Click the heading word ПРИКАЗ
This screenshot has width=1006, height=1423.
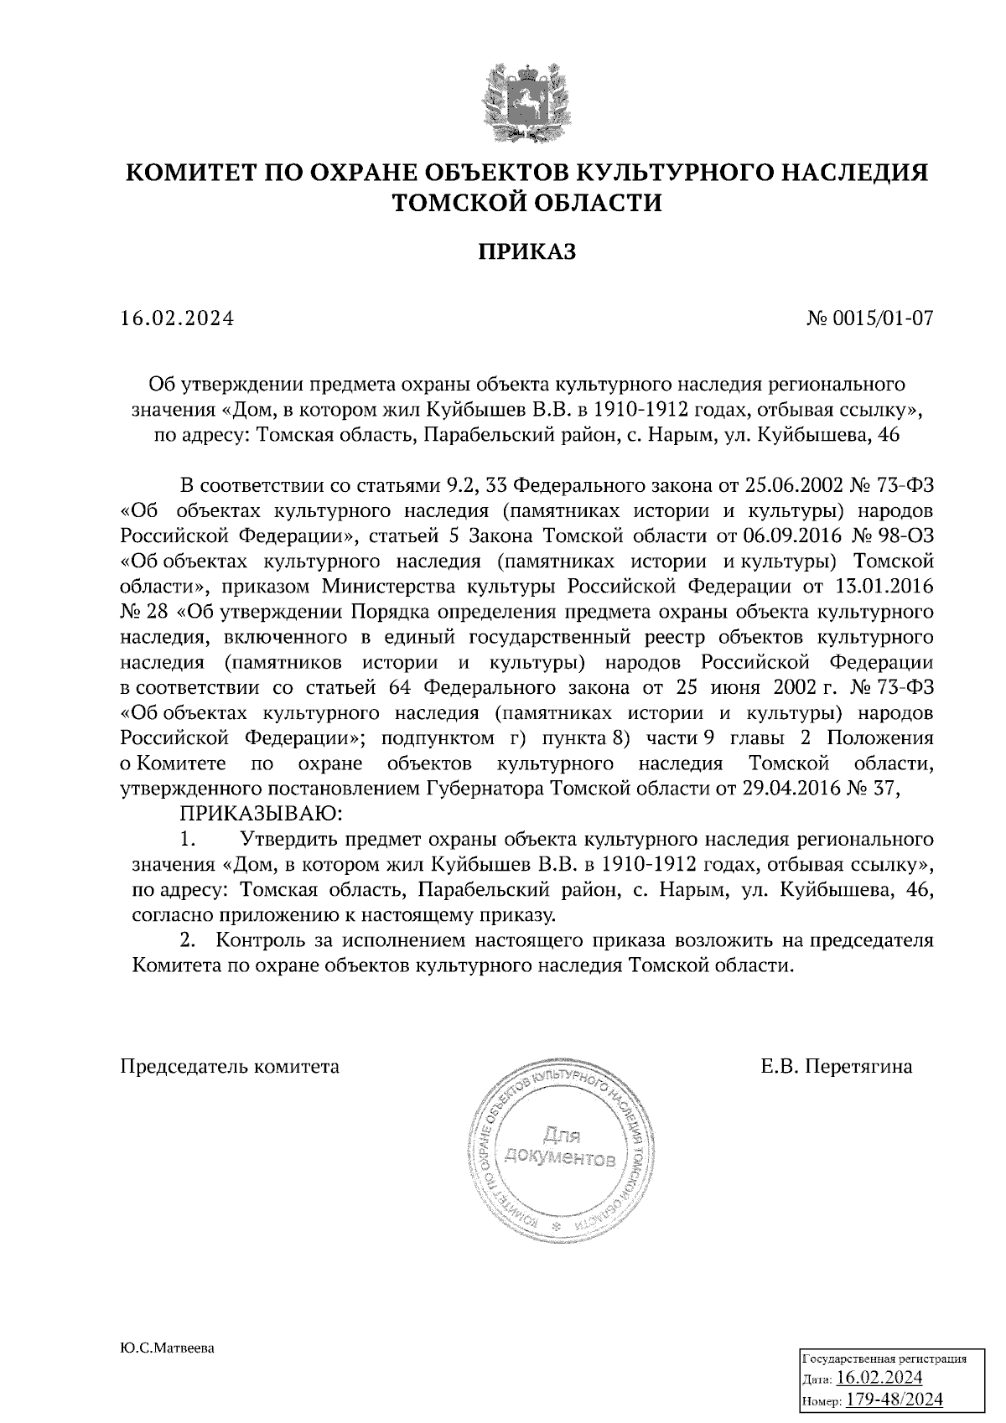[x=527, y=251]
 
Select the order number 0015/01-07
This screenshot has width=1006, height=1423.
[x=880, y=318]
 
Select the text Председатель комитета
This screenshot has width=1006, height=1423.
[x=231, y=1067]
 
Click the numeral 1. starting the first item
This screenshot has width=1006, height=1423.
[x=188, y=839]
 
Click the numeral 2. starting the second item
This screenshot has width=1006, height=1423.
[x=188, y=940]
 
